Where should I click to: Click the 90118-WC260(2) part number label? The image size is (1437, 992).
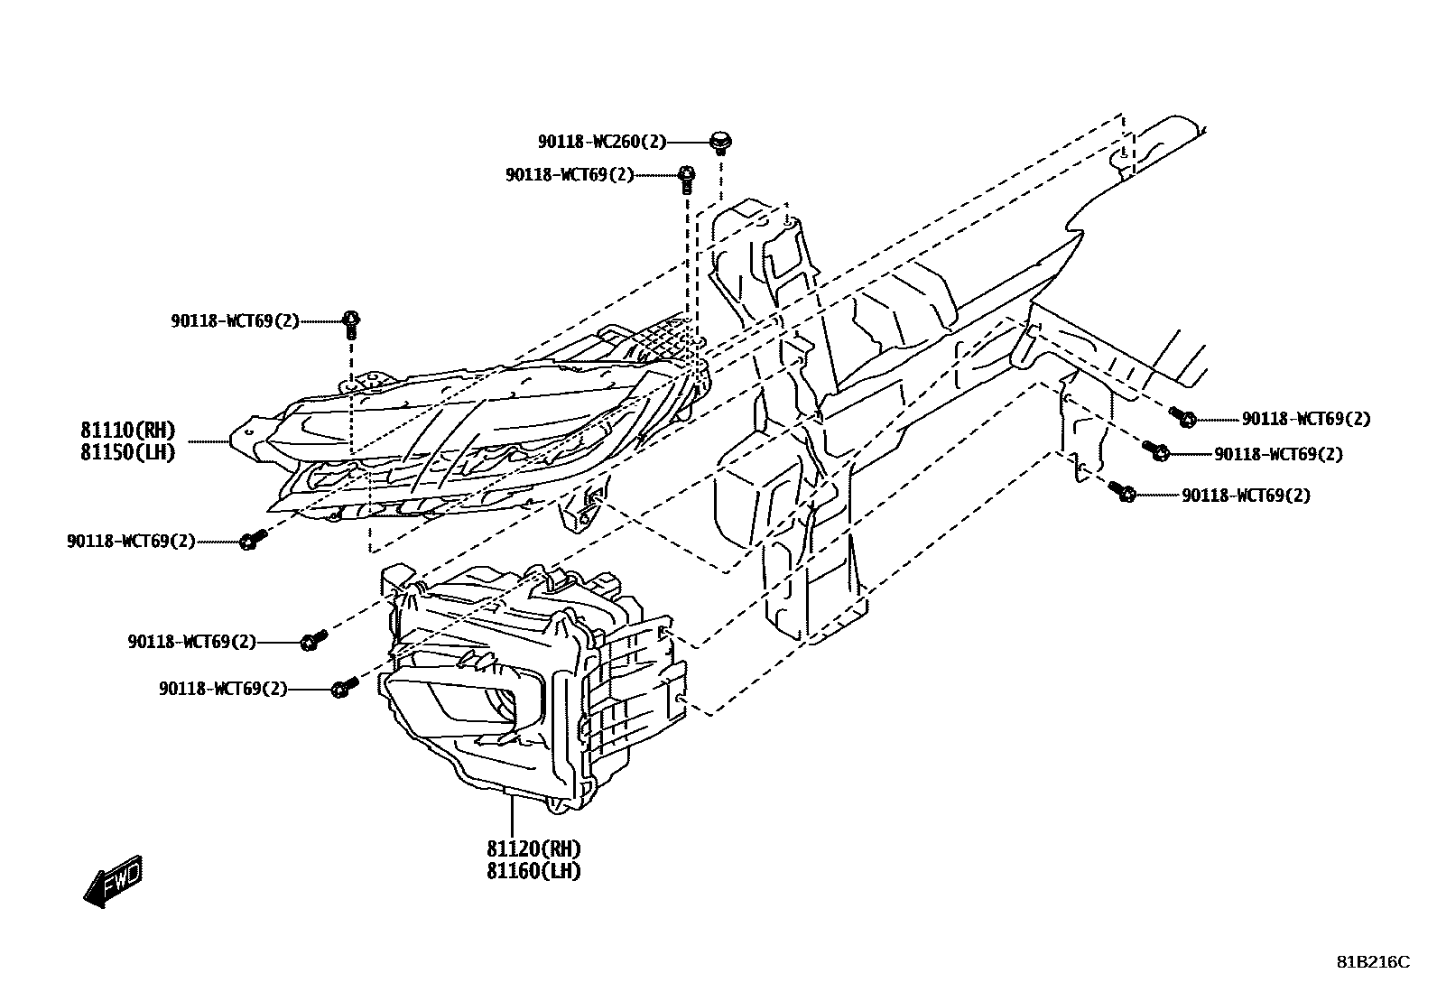602,142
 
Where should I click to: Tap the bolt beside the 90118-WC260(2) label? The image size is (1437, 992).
720,141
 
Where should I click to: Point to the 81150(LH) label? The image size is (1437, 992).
127,452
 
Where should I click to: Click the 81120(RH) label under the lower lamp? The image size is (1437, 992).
533,849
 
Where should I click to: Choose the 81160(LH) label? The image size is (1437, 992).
533,871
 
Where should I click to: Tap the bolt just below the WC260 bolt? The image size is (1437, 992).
686,176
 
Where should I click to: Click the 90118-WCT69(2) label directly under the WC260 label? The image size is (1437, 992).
570,175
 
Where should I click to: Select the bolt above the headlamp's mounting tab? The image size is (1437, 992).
352,320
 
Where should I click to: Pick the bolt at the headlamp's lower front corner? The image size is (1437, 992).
251,540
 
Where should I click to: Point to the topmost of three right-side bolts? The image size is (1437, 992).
1185,417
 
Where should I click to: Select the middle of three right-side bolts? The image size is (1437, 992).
1158,450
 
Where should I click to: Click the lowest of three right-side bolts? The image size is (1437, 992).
1125,493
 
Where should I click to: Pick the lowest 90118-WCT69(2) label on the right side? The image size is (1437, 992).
1246,496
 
